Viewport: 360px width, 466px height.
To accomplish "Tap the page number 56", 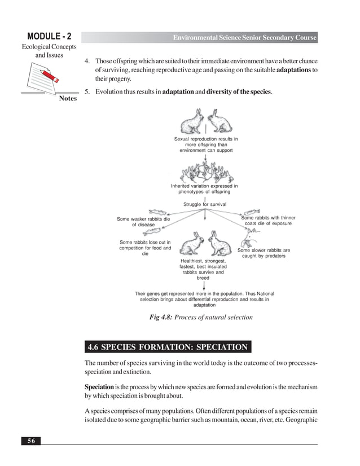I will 32,441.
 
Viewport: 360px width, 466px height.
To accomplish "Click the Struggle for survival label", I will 205,204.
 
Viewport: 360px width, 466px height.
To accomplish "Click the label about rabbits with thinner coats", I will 268,221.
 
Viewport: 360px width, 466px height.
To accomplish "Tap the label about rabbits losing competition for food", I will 145,249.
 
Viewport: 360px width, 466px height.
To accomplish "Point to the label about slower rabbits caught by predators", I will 264,253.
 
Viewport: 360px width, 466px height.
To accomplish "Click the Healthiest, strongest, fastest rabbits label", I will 203,270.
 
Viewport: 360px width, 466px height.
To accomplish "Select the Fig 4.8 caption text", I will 201,318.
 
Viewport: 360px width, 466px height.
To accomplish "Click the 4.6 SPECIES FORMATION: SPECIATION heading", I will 168,347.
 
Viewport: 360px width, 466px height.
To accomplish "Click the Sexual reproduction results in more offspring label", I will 205,144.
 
